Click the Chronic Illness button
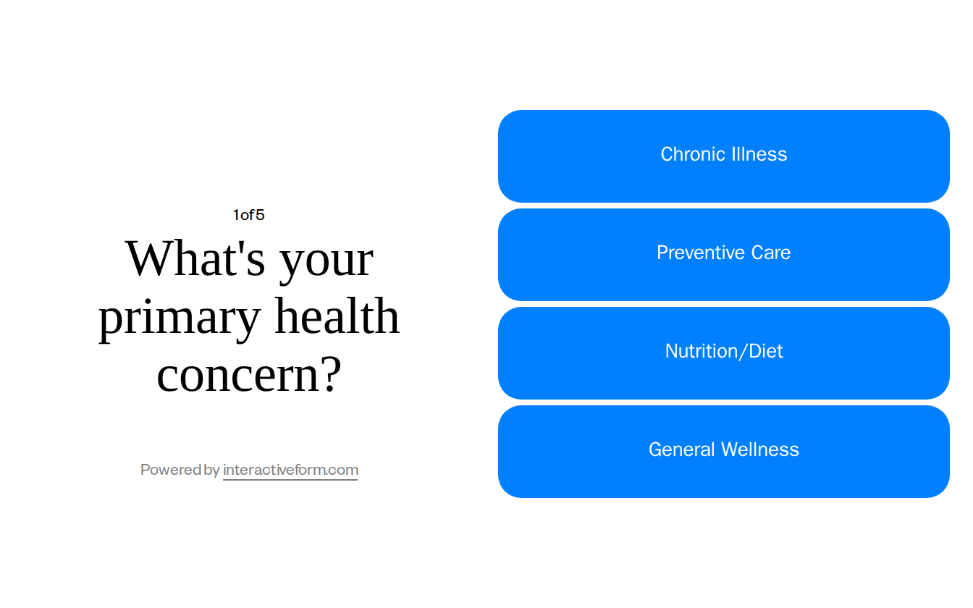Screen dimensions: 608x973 (724, 156)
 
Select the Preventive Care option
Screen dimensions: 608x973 (724, 255)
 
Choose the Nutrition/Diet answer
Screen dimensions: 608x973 (724, 353)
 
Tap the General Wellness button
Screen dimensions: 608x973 (724, 452)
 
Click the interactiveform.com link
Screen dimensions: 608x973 (290, 470)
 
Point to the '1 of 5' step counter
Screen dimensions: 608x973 (248, 215)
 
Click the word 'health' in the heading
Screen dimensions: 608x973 (337, 317)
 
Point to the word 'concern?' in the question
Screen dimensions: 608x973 (248, 375)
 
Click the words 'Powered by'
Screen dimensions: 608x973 (180, 470)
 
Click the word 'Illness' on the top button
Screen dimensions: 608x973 (759, 154)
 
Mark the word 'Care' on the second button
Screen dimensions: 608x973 (770, 253)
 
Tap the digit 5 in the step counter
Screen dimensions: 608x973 (261, 215)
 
